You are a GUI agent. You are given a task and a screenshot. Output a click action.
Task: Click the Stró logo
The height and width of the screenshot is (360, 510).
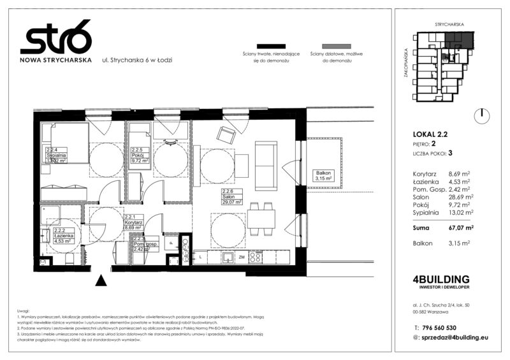point(55,41)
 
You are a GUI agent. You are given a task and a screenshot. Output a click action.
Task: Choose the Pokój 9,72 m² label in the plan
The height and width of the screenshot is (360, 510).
point(139,156)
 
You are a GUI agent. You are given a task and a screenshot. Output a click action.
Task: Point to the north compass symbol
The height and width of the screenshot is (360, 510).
point(483,115)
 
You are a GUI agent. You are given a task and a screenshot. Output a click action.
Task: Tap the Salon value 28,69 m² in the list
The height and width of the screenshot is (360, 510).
point(458,197)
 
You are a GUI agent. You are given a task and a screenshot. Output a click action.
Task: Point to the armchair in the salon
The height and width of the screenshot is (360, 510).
point(226,134)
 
